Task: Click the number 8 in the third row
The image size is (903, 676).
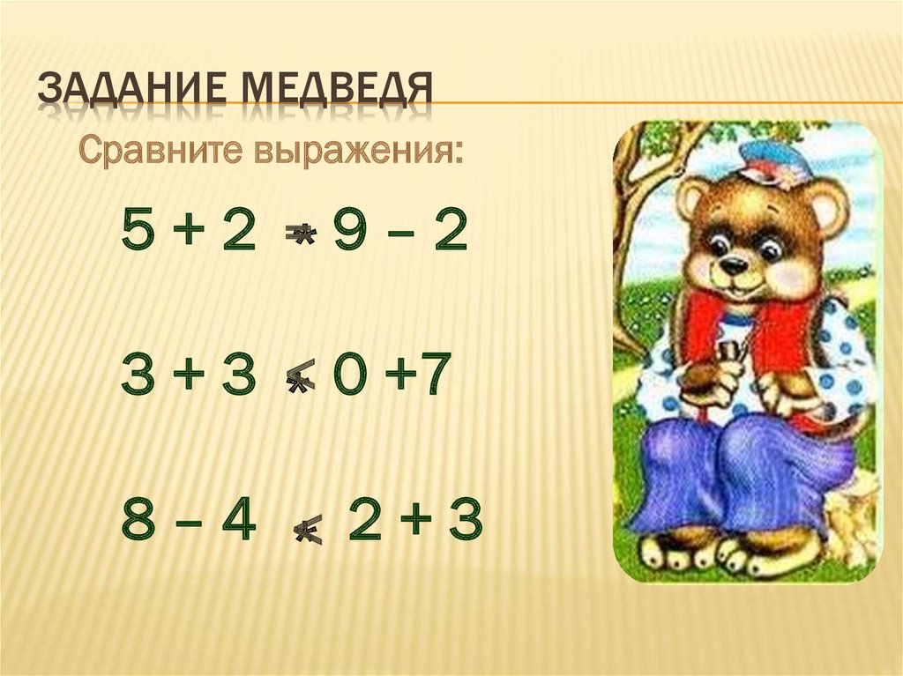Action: click(138, 522)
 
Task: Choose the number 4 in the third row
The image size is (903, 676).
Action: click(238, 522)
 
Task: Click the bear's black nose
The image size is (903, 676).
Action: click(731, 264)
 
